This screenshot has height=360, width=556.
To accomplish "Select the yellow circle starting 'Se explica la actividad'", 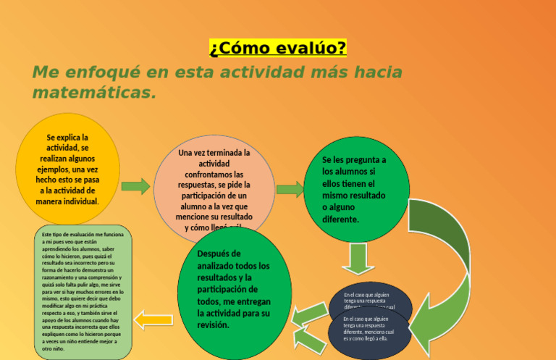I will [68, 168].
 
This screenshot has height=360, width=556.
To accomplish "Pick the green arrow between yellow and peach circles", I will [135, 187].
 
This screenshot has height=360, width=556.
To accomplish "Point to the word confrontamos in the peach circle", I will [214, 175].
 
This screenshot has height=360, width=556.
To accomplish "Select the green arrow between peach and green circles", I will [290, 190].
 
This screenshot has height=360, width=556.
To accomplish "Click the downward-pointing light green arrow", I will [358, 258].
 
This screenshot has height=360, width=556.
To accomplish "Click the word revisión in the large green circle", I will [213, 325].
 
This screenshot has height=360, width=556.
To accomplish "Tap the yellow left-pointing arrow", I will [153, 318].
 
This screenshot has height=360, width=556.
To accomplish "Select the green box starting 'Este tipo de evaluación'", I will [83, 291].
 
